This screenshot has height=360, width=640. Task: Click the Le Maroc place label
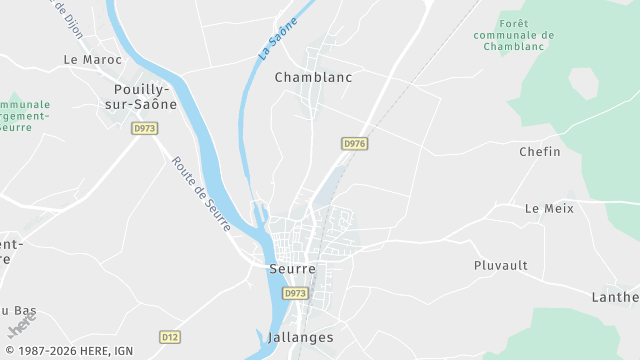(x=92, y=59)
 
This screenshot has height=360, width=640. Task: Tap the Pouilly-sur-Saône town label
(x=140, y=96)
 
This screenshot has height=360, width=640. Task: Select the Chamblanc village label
(x=313, y=76)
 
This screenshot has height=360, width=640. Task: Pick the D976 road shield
(x=354, y=144)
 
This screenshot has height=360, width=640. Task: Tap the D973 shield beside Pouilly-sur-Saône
(x=146, y=128)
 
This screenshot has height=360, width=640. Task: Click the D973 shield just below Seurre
(x=294, y=294)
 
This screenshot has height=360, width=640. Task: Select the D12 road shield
(x=169, y=337)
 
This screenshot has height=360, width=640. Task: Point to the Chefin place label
(x=539, y=152)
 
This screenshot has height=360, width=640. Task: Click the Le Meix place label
(x=547, y=208)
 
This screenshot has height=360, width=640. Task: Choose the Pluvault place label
(x=500, y=266)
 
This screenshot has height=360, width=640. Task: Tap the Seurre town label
(x=292, y=269)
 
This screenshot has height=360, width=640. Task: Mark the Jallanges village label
(x=300, y=338)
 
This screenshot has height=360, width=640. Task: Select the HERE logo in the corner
(x=19, y=326)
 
